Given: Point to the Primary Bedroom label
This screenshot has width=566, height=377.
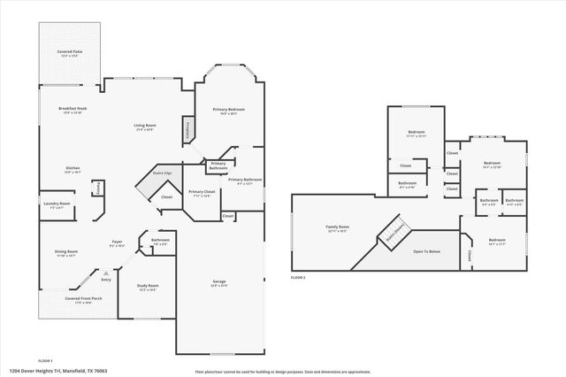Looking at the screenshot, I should (228, 109).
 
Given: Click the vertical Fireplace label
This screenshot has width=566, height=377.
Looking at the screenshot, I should (187, 130).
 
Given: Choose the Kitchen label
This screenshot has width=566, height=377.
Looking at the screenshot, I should (73, 167).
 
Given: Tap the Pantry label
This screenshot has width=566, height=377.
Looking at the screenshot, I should (98, 188).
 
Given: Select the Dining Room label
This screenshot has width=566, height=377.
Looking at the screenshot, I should (67, 251).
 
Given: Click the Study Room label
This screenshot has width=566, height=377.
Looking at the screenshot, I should (148, 286).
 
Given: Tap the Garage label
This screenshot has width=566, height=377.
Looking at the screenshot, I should (218, 282).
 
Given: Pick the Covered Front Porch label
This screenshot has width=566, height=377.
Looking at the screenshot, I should (84, 299).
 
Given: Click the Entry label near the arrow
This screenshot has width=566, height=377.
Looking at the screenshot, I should (106, 280).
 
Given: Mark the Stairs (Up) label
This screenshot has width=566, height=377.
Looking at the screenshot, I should (160, 173).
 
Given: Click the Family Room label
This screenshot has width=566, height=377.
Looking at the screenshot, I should (338, 227).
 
